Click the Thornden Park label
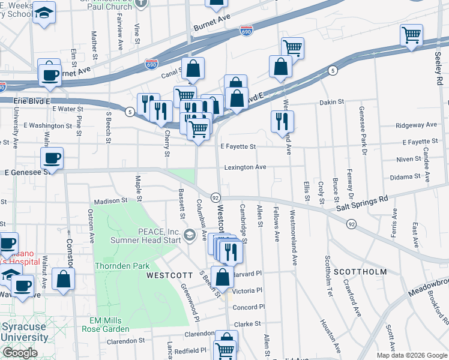[x=122, y=265]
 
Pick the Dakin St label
[x=331, y=102]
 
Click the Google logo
[x=20, y=353]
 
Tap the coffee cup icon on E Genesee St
[x=52, y=158]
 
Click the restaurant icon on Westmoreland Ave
[x=279, y=121]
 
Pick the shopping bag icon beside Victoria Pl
[x=222, y=277]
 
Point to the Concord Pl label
[x=245, y=307]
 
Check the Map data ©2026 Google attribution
[x=412, y=355]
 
